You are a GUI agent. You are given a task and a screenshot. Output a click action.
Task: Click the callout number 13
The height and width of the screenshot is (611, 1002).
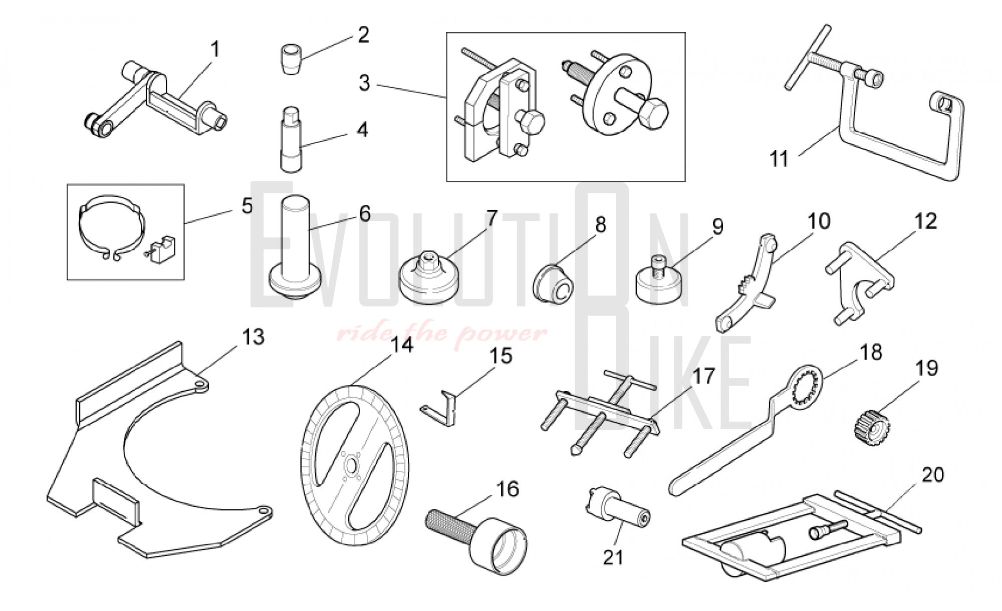253,337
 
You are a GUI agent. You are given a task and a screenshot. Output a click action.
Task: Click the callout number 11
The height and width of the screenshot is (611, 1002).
779,159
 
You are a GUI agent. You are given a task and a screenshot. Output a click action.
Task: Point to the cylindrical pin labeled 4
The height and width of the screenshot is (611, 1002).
291,140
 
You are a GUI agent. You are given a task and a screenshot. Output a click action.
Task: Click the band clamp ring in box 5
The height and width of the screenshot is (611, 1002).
111,226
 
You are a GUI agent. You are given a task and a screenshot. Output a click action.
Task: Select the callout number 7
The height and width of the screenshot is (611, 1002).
491,218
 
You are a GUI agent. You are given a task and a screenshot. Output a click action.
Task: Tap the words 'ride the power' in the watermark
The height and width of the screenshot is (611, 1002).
441,333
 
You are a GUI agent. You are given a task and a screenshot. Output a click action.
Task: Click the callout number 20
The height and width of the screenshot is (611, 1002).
933,474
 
